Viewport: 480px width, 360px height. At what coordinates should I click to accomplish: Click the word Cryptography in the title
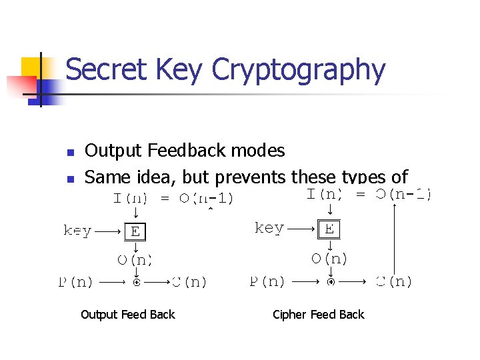pyautogui.click(x=298, y=71)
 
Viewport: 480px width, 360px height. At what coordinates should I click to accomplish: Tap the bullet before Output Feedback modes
pyautogui.click(x=69, y=152)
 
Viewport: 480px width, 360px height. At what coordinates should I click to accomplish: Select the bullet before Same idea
pyautogui.click(x=69, y=179)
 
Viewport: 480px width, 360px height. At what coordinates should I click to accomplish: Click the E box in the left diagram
pyautogui.click(x=135, y=231)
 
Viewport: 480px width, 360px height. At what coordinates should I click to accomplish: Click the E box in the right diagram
pyautogui.click(x=329, y=229)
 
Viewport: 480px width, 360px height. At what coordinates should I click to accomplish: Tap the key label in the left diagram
pyautogui.click(x=77, y=231)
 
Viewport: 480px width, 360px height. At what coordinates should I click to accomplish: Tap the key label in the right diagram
pyautogui.click(x=269, y=228)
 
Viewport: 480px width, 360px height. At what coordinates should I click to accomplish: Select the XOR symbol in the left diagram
pyautogui.click(x=136, y=282)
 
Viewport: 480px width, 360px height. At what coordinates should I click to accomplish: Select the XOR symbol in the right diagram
pyautogui.click(x=330, y=281)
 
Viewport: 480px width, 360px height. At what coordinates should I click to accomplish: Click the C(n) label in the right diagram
pyautogui.click(x=394, y=281)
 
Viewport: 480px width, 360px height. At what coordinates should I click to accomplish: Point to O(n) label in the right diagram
pyautogui.click(x=329, y=259)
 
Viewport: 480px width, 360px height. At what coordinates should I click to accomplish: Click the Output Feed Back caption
pyautogui.click(x=127, y=315)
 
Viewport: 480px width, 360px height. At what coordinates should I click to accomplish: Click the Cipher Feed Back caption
pyautogui.click(x=319, y=315)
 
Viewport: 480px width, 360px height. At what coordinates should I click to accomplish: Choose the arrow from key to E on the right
pyautogui.click(x=302, y=229)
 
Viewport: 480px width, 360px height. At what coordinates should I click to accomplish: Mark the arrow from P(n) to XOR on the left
pyautogui.click(x=111, y=282)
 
